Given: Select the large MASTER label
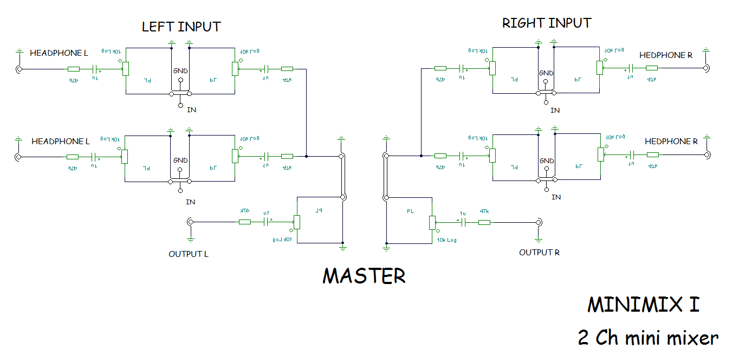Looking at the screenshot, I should (x=364, y=276).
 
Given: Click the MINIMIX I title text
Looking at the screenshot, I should (x=643, y=305).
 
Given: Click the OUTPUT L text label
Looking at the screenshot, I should (x=188, y=254).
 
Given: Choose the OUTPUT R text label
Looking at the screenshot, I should (x=539, y=253).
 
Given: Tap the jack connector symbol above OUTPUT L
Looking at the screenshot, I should (x=190, y=222).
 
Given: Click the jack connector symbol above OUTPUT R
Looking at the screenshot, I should (x=539, y=222).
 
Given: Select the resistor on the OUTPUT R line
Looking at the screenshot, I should (x=484, y=222).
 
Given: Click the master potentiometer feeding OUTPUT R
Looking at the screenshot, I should (x=432, y=222).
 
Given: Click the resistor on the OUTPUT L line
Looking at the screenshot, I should (x=245, y=222).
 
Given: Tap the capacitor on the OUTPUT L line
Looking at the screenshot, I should (x=266, y=222).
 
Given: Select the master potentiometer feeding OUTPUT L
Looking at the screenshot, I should (x=296, y=222).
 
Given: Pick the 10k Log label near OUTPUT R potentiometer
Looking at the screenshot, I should (x=446, y=240).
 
